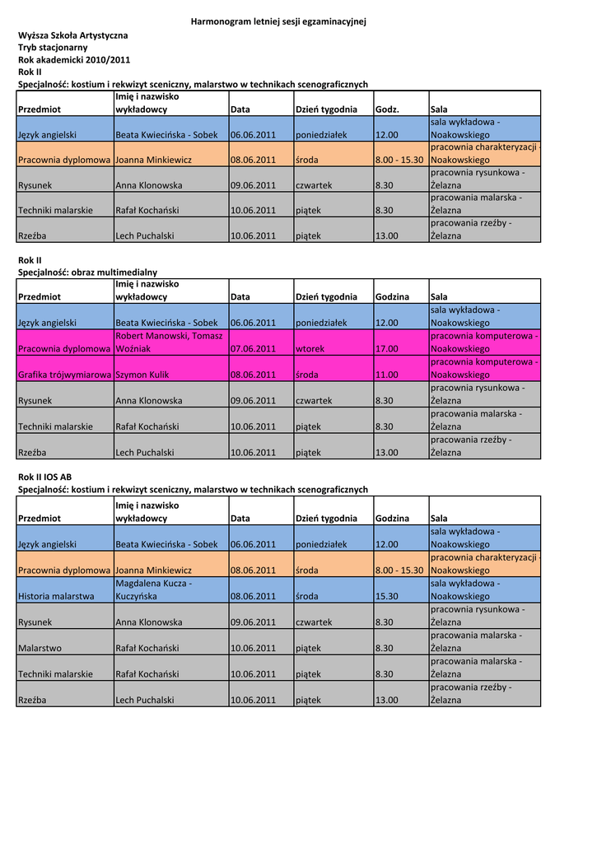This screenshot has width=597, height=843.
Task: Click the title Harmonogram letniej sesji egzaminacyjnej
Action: click(278, 21)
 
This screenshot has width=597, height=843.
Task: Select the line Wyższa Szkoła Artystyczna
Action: click(73, 35)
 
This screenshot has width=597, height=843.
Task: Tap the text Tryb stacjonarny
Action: click(53, 48)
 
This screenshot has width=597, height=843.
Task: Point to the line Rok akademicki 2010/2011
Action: click(74, 60)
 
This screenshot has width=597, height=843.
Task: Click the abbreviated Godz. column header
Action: click(387, 109)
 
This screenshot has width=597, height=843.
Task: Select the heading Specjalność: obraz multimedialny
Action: click(87, 272)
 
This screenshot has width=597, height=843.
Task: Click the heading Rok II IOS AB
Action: click(44, 477)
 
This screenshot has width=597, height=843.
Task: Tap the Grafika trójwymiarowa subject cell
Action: click(64, 375)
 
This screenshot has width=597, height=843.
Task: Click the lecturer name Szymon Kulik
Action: click(142, 375)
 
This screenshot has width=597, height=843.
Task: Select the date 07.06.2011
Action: click(253, 349)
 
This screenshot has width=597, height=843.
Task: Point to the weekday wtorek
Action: click(310, 349)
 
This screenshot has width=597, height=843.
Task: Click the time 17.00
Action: click(386, 349)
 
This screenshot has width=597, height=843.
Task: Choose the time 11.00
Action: click(386, 375)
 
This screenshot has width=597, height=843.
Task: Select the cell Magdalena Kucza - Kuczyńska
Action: click(154, 589)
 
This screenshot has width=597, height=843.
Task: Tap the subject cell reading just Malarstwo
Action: click(40, 648)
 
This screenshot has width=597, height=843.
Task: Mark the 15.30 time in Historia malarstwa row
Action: click(386, 596)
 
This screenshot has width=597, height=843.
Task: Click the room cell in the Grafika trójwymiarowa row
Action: click(484, 368)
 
